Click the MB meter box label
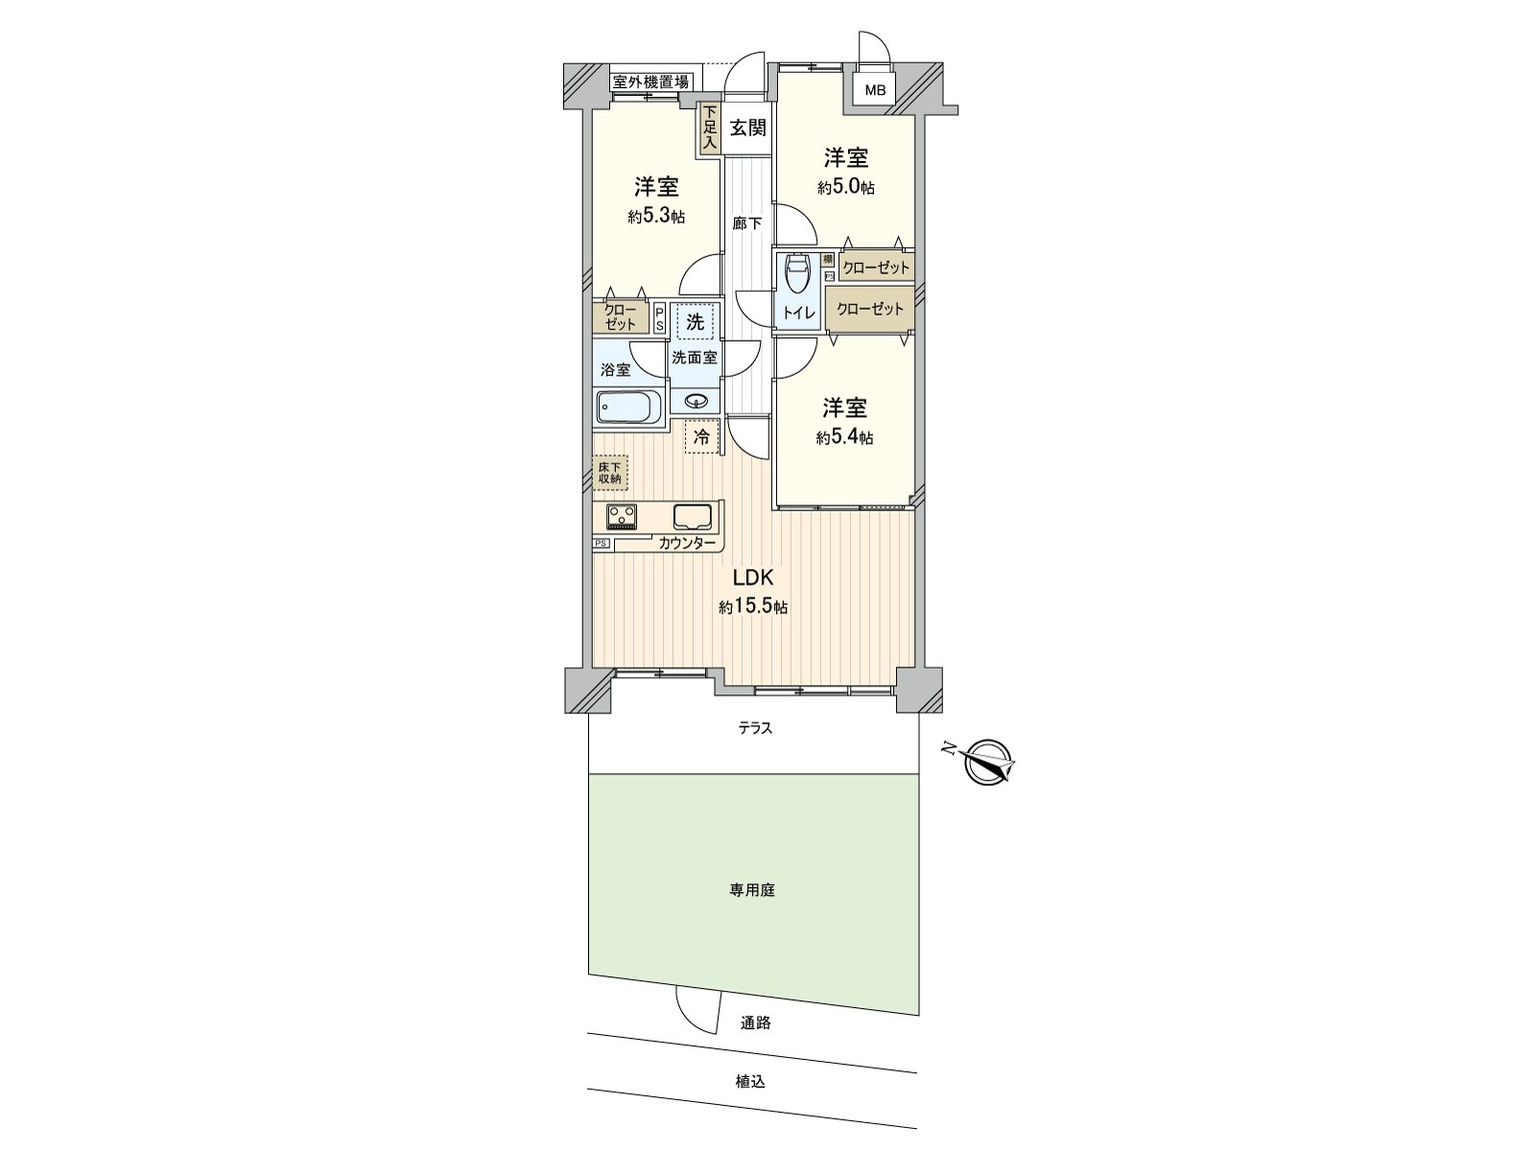click(874, 92)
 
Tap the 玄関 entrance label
click(747, 128)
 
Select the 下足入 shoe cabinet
click(709, 129)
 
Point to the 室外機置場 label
click(650, 82)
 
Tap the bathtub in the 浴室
click(629, 408)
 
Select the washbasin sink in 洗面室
click(697, 401)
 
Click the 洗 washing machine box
click(695, 321)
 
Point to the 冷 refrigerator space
click(702, 437)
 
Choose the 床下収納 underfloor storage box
click(610, 472)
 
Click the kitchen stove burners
click(622, 517)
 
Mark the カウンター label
click(686, 544)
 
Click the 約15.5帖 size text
click(754, 607)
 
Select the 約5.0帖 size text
click(845, 189)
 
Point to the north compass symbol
click(988, 763)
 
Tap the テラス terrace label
click(755, 729)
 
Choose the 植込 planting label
click(751, 1082)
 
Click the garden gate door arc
click(697, 1009)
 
